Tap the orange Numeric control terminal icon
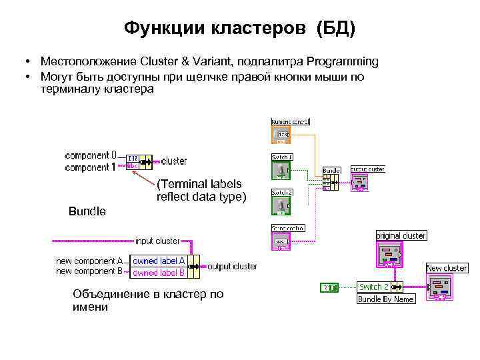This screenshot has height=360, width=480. pyautogui.click(x=281, y=136)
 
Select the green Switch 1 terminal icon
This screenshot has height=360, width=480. pyautogui.click(x=281, y=170)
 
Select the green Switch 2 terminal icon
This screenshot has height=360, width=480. pyautogui.click(x=281, y=205)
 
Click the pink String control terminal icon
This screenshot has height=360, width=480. pyautogui.click(x=281, y=241)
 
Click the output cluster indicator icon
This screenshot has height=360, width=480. pyautogui.click(x=360, y=183)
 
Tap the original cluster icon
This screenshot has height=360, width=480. pyautogui.click(x=390, y=253)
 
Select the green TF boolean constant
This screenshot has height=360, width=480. pyautogui.click(x=329, y=287)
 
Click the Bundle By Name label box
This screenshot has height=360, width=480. pyautogui.click(x=386, y=299)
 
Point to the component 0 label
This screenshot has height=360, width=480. pyautogui.click(x=91, y=155)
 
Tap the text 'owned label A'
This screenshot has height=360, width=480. pyautogui.click(x=158, y=261)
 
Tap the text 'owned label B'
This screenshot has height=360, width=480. pyautogui.click(x=158, y=272)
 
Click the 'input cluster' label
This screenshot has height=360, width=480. pyautogui.click(x=157, y=241)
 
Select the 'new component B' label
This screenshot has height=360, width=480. pyautogui.click(x=89, y=271)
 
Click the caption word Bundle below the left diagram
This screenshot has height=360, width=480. pyautogui.click(x=87, y=211)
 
